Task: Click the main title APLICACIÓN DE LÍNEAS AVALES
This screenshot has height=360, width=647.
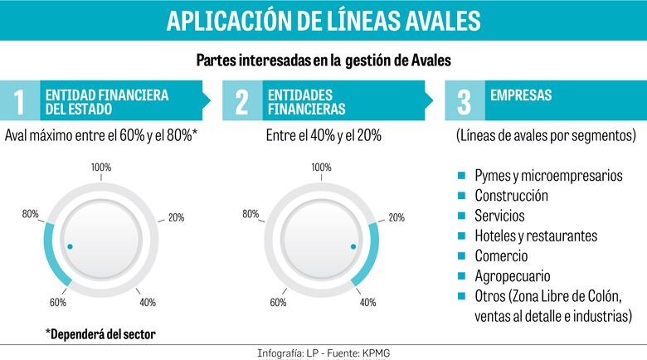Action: pos(323,20)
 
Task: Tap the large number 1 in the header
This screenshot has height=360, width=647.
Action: pos(20,102)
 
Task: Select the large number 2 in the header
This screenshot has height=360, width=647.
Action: pos(241,102)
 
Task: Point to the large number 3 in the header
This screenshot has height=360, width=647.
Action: pos(464,102)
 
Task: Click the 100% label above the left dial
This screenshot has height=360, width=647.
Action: pos(101,168)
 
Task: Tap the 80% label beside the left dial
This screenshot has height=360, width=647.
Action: pos(31,215)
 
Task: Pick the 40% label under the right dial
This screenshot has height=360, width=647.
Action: pos(367,302)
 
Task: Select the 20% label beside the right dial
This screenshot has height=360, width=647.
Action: pos(396,218)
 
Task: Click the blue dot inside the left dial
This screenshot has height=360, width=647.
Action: pos(70,246)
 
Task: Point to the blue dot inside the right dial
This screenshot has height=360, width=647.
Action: pos(353,246)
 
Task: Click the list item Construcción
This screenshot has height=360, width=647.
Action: pos(511,197)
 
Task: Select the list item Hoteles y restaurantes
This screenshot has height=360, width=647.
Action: pos(535,236)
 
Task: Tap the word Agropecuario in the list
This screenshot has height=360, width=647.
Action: pos(512,276)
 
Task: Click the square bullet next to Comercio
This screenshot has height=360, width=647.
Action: pos(461,255)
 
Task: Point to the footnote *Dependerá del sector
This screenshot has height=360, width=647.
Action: pos(100,334)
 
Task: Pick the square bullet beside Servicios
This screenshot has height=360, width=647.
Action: pos(461,216)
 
